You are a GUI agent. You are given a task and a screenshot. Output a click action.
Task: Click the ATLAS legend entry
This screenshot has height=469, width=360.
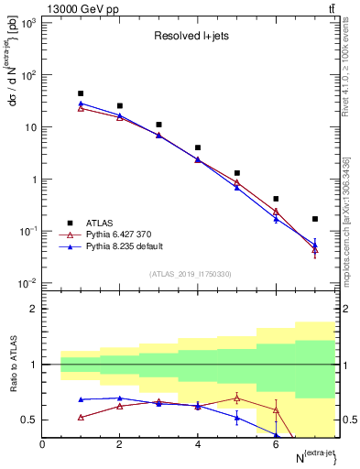click(98, 222)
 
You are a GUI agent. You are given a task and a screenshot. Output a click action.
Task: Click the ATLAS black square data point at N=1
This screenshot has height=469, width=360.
click(82, 93)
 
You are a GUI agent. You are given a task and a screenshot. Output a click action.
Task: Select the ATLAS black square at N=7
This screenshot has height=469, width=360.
click(315, 219)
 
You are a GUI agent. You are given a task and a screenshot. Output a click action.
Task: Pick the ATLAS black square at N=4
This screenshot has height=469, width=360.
click(198, 147)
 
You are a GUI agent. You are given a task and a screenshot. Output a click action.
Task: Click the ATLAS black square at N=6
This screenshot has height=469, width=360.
click(276, 199)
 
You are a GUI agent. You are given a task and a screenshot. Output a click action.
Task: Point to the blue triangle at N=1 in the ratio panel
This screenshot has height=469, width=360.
click(82, 399)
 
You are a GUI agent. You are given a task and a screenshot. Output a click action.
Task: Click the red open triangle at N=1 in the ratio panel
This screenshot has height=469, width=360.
click(82, 417)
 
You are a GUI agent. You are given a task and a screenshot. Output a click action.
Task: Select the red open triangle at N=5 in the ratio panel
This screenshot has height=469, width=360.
click(237, 398)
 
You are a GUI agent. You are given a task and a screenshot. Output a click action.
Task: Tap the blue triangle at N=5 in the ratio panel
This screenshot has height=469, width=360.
click(237, 418)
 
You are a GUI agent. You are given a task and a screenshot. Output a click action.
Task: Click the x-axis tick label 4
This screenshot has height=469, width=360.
click(198, 444)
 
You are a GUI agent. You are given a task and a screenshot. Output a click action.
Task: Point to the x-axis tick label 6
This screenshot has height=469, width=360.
click(276, 444)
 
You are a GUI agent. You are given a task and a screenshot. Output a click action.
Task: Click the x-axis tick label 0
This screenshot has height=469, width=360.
click(42, 444)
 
